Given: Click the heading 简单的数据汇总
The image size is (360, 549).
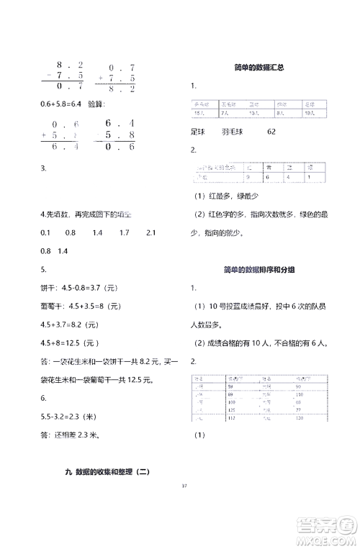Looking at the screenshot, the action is [258, 68].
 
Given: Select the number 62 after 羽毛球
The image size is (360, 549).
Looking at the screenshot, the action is [271, 132].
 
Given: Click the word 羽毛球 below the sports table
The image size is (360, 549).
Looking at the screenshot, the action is [232, 132].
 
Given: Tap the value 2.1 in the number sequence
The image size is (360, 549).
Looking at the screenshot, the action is [151, 232].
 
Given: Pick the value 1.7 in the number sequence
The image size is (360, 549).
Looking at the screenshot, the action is [124, 232].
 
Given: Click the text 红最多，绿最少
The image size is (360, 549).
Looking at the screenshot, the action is [238, 197].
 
